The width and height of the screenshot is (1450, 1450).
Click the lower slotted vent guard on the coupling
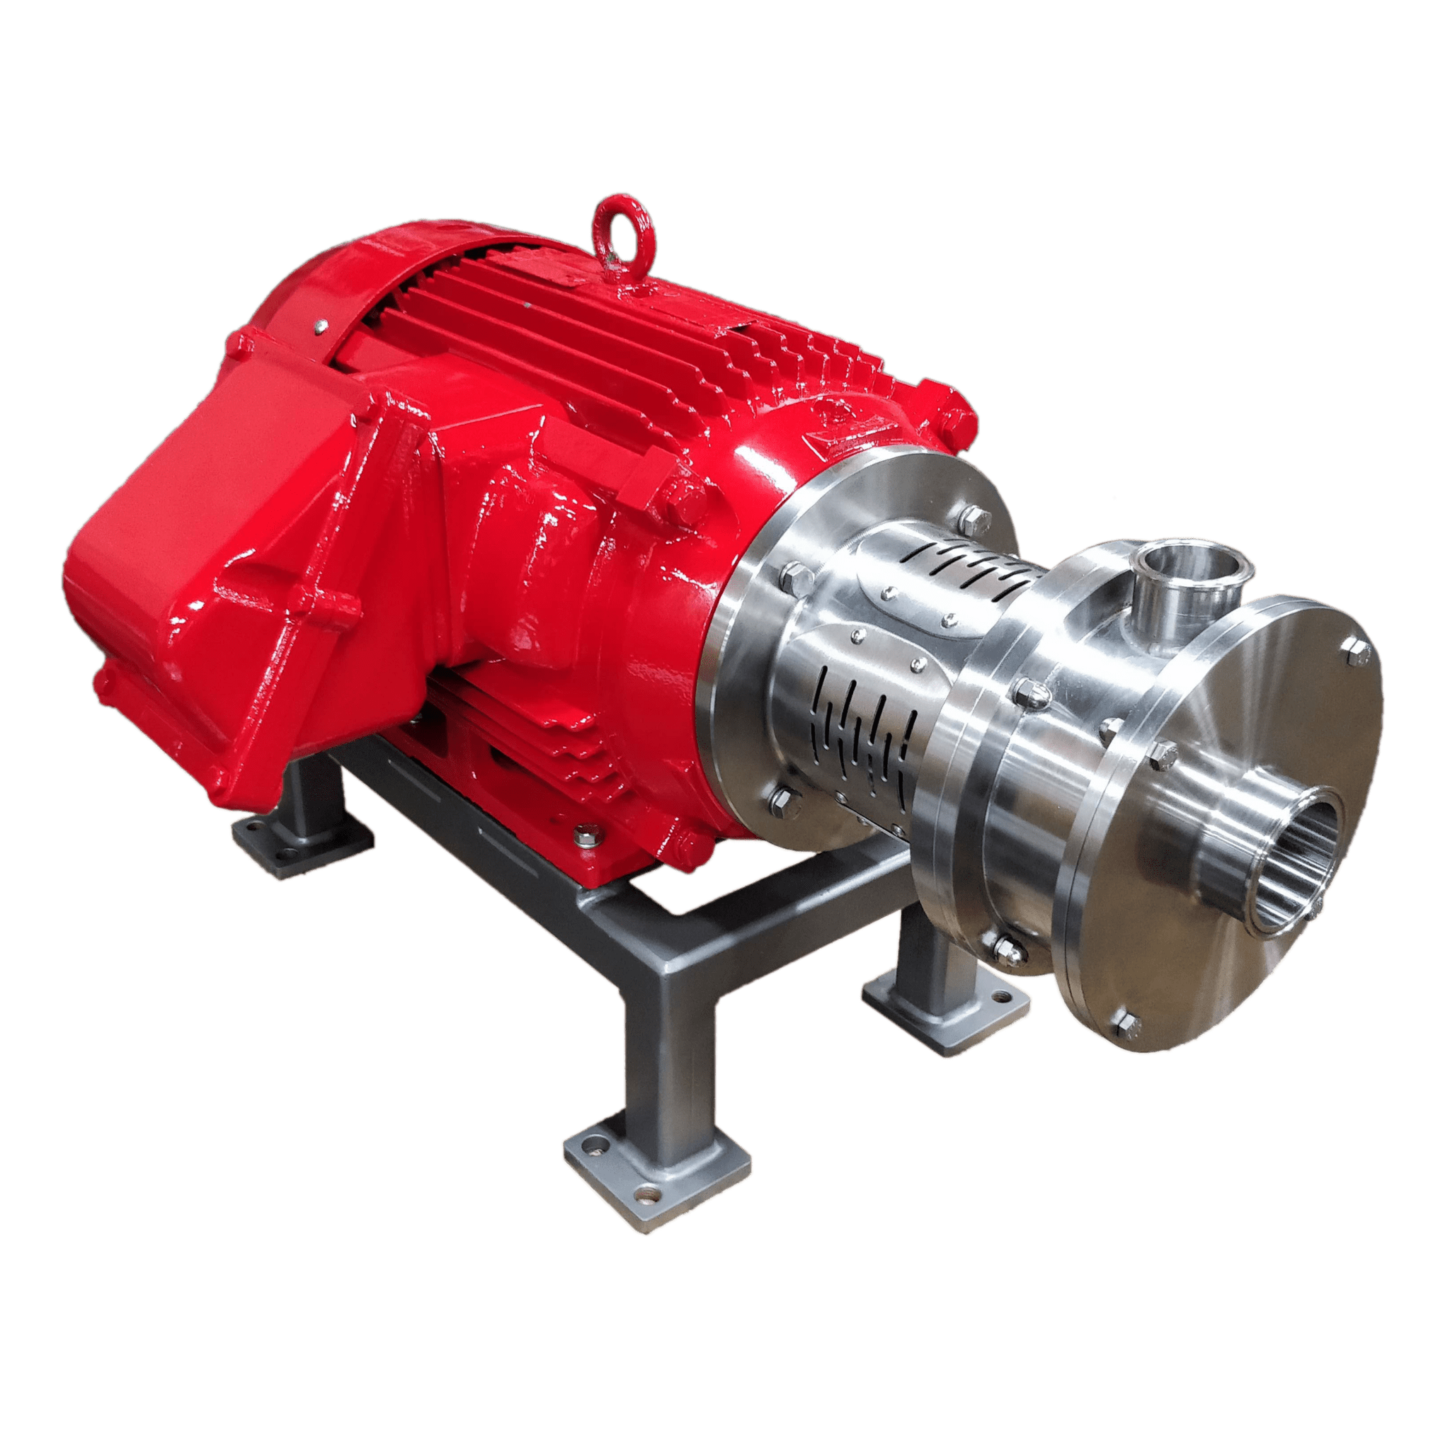(863, 717)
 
